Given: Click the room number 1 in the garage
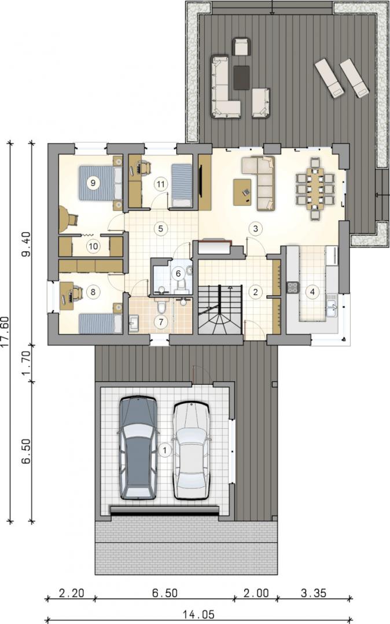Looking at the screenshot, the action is click(164, 451).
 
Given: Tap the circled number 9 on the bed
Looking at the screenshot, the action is click(93, 183).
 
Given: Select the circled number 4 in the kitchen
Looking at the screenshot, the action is click(312, 292).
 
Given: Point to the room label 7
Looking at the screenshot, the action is click(161, 322).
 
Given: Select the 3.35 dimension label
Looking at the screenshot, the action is click(314, 593).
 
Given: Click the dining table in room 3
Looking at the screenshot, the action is click(318, 189).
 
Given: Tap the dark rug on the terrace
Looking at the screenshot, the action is click(241, 77).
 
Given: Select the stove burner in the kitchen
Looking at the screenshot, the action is click(293, 287).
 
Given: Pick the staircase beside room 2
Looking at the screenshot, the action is click(220, 309).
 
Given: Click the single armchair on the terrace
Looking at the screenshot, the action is click(241, 47).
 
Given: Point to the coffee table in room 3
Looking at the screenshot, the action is click(243, 192).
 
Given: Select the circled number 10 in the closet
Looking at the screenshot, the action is click(93, 246).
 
